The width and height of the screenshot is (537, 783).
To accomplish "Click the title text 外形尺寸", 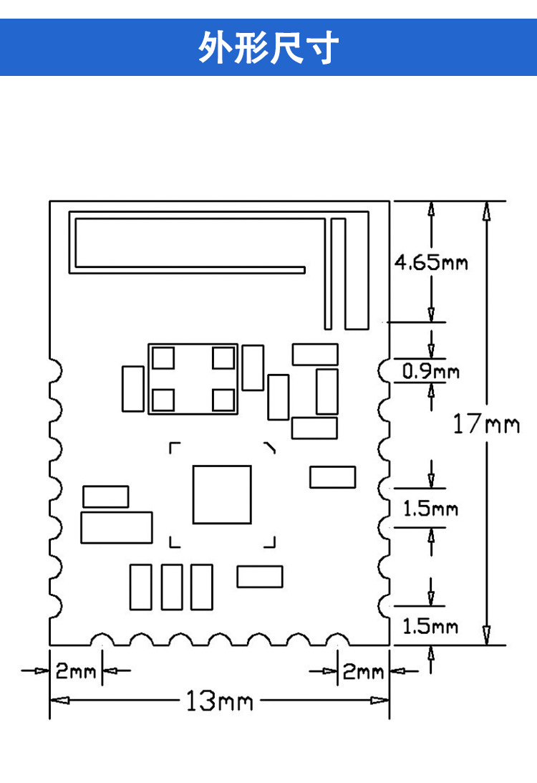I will [x=268, y=48].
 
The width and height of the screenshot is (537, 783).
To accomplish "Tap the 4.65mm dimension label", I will [x=431, y=262].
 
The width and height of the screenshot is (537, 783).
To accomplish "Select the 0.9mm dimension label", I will [x=431, y=372].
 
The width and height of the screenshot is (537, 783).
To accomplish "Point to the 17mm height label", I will [x=486, y=424].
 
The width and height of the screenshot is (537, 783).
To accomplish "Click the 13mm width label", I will [x=219, y=700].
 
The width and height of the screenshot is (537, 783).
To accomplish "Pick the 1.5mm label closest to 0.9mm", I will [x=431, y=509].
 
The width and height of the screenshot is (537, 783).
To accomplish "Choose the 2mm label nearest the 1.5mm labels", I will [x=364, y=672].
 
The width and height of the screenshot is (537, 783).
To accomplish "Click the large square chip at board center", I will [x=222, y=494].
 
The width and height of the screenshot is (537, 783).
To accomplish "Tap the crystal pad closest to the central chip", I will [x=223, y=400].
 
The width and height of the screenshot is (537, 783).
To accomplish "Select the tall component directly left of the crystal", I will [x=133, y=388].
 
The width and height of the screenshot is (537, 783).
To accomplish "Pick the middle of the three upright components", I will [x=172, y=587].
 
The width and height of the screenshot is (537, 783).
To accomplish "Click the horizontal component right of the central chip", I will [x=332, y=477].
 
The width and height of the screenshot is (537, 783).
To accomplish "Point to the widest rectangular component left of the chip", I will [x=117, y=527].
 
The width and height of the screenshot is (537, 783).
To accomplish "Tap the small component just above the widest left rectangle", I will [x=106, y=496].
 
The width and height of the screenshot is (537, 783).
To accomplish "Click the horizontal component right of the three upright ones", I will [x=260, y=576].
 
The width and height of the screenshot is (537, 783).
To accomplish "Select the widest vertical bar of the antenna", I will [x=356, y=272].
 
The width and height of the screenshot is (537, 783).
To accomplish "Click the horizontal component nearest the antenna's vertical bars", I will [x=315, y=354].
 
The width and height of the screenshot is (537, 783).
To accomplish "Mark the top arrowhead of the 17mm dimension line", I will [x=486, y=209].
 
